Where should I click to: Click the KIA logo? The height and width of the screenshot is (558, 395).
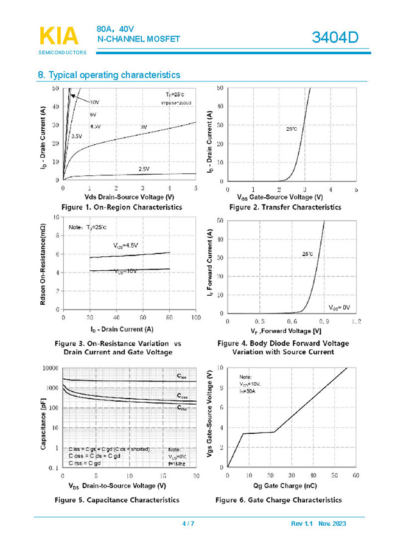click(59, 36)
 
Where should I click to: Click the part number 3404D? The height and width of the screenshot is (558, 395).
click(335, 38)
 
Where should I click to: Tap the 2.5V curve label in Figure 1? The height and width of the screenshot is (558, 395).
click(144, 169)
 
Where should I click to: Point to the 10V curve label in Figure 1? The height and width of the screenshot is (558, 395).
click(94, 102)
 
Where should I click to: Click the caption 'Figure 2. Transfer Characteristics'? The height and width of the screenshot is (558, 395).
click(285, 208)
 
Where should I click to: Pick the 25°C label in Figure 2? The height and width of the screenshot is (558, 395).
click(292, 129)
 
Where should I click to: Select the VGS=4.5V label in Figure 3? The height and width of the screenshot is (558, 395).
click(125, 245)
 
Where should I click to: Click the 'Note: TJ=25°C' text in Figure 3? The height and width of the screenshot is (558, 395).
click(87, 227)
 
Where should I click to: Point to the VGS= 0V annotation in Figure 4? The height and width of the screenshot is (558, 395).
click(340, 308)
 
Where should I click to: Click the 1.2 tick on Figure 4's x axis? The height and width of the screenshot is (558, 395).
click(356, 320)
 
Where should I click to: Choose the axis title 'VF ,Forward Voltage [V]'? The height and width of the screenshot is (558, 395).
click(283, 330)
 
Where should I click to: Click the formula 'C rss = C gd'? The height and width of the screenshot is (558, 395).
click(85, 463)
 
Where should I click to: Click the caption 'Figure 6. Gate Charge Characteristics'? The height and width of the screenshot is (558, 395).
click(278, 500)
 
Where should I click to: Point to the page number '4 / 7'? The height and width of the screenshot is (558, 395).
click(189, 524)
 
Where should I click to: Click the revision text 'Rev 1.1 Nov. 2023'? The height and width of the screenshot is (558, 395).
click(318, 524)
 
